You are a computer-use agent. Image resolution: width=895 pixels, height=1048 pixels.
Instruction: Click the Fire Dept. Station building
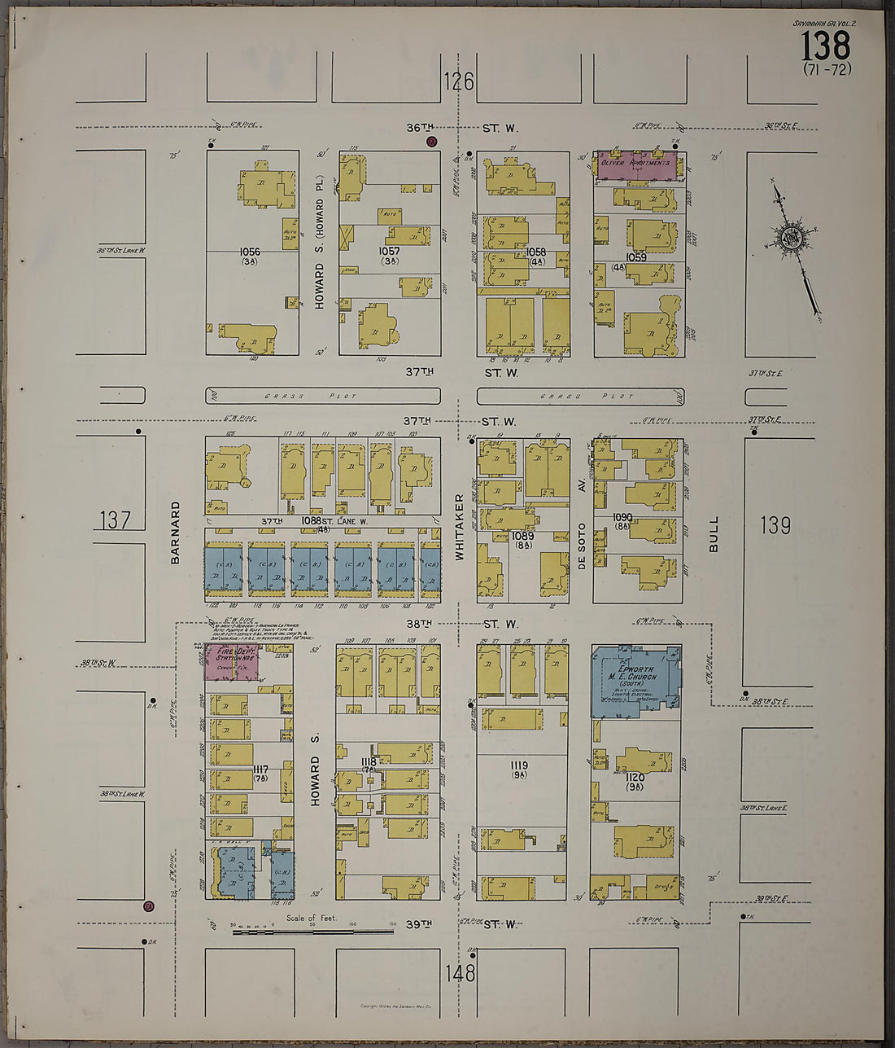[230, 663]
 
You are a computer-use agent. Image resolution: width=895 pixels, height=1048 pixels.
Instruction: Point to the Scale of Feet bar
[313, 931]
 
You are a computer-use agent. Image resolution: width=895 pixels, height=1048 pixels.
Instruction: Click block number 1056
[250, 252]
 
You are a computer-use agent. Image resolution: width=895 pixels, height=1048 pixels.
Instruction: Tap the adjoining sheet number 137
[115, 520]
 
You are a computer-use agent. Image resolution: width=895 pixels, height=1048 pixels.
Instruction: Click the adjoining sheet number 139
[775, 525]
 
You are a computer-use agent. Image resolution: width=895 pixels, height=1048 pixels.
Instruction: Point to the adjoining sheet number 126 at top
[459, 81]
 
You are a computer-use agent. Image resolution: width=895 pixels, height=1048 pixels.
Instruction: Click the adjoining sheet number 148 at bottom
[461, 973]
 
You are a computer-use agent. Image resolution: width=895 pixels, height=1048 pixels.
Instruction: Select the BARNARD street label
[175, 533]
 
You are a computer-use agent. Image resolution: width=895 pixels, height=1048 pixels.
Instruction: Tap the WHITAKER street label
[459, 526]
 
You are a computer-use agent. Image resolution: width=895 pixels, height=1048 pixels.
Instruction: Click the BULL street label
[714, 534]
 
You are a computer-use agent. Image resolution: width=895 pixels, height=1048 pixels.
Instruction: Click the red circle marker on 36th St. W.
[432, 141]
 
